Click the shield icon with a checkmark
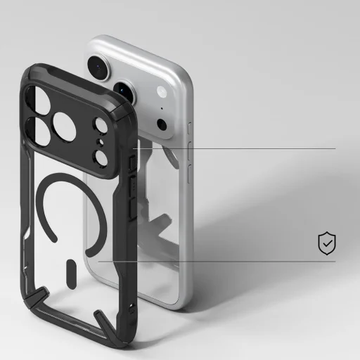(326, 244)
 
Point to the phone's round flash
(162, 92)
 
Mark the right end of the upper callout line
(335, 148)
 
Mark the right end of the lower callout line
(335, 262)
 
